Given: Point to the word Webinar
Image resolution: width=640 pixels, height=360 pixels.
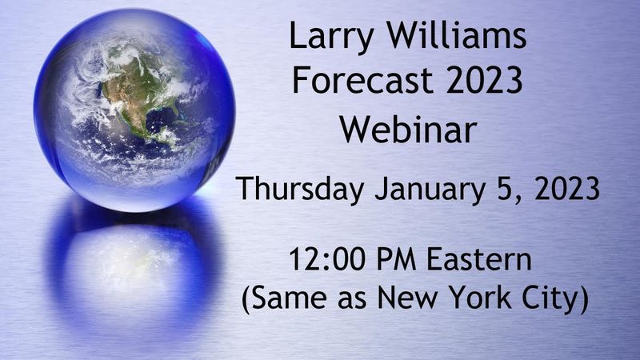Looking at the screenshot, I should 407,128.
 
